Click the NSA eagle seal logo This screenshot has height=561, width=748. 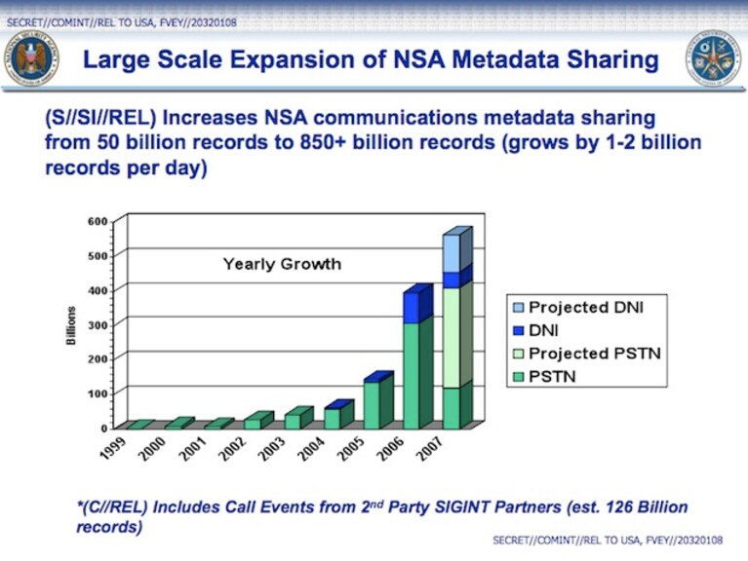pyautogui.click(x=31, y=58)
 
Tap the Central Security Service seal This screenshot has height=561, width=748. pyautogui.click(x=714, y=58)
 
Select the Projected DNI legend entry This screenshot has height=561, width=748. pyautogui.click(x=578, y=307)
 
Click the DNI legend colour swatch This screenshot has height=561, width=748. pyautogui.click(x=518, y=330)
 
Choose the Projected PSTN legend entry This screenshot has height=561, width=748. pyautogui.click(x=587, y=354)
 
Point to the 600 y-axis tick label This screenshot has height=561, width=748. pyautogui.click(x=98, y=221)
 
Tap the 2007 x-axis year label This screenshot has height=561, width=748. pyautogui.click(x=430, y=449)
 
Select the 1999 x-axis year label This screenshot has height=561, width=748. pyautogui.click(x=113, y=449)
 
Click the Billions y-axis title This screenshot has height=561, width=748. pyautogui.click(x=71, y=325)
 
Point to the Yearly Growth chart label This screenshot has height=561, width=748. pyautogui.click(x=282, y=264)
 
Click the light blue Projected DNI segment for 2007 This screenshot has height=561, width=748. pyautogui.click(x=452, y=254)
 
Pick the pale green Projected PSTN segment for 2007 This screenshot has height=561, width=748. pyautogui.click(x=452, y=338)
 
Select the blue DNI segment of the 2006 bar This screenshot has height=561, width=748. pyautogui.click(x=412, y=308)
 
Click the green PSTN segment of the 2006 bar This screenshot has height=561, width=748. pyautogui.click(x=412, y=376)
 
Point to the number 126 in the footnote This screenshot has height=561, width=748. pyautogui.click(x=619, y=507)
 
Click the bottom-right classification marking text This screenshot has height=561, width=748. pyautogui.click(x=608, y=540)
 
